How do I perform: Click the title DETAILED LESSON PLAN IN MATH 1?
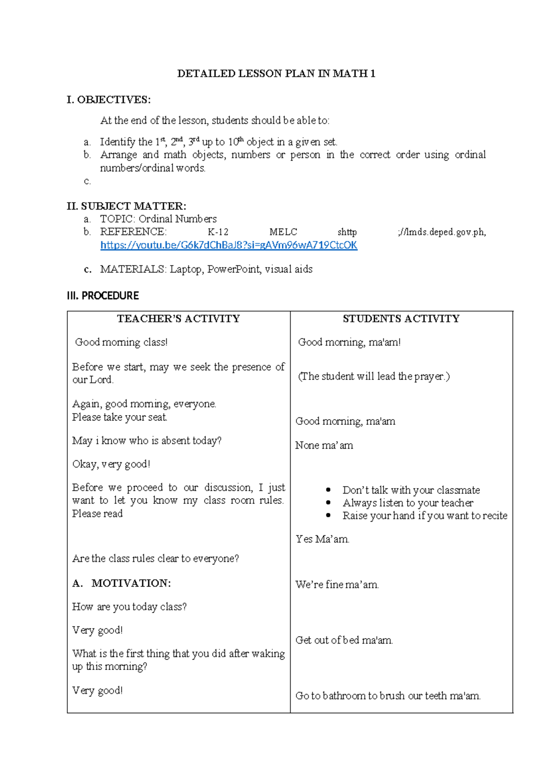276,73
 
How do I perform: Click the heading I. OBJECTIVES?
108,100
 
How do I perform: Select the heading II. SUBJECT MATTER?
126,206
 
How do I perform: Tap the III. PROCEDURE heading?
102,295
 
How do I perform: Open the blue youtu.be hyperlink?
229,245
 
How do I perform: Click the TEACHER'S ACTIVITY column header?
178,319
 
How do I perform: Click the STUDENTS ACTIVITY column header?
401,319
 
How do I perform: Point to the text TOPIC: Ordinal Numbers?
158,219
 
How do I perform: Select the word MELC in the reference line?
283,232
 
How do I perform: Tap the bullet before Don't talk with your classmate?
328,490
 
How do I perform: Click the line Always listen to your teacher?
408,503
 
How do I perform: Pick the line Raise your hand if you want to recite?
424,516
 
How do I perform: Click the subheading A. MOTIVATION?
121,583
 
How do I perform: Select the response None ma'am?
324,446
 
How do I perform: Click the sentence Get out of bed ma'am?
344,640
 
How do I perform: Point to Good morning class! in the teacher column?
121,342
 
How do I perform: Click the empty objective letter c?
87,181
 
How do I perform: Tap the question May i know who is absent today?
147,441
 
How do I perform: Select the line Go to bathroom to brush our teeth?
388,696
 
